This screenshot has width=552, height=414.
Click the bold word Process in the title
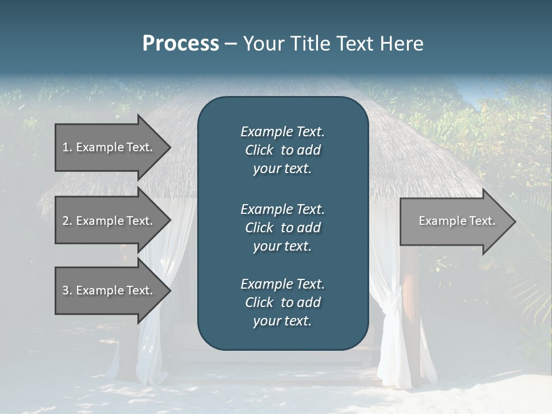coord(181,44)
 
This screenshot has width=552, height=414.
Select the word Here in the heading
coord(402,44)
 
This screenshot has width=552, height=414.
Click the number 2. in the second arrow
coord(67,221)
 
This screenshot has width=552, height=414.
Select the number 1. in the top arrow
coord(67,147)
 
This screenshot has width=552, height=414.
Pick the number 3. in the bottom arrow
coord(67,290)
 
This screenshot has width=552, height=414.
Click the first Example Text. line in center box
coord(282,132)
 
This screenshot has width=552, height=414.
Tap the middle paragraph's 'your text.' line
coord(282,246)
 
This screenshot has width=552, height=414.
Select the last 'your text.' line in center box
coord(282,321)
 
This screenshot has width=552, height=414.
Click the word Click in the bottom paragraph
coord(259,302)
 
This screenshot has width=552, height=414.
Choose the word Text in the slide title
coord(354,44)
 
